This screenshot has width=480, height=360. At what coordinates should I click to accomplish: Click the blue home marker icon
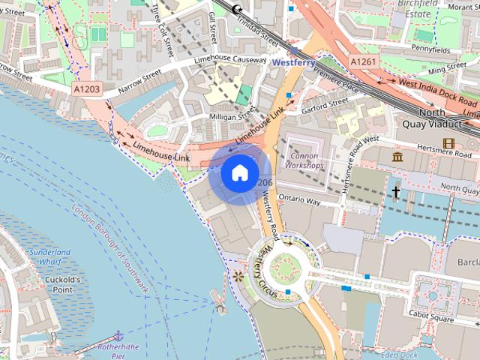click(238, 172)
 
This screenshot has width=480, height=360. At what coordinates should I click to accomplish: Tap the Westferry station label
click(298, 63)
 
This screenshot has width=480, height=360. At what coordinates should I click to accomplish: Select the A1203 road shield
click(87, 88)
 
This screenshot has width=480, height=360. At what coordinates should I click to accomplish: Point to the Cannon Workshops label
click(305, 160)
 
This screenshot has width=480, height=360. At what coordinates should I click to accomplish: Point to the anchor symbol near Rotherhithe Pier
click(117, 334)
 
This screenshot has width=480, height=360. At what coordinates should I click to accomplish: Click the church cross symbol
click(396, 192)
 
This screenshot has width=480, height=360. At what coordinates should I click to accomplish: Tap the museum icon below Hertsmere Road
click(397, 157)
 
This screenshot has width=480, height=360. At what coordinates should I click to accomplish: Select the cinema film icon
click(448, 143)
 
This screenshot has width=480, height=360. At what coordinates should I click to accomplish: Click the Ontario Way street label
click(299, 202)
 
